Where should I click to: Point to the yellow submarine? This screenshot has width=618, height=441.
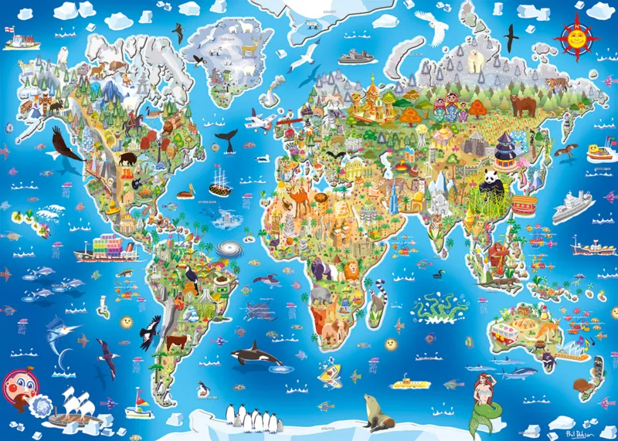(407, 382)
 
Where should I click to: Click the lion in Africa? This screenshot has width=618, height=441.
(350, 270)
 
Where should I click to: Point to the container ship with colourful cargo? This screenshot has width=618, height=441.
(106, 248)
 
